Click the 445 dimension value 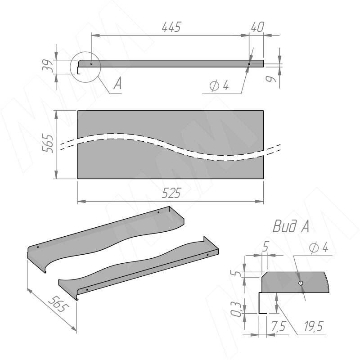click(171, 27)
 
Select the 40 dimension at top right click(257, 27)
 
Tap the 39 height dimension click(49, 66)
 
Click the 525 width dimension click(171, 193)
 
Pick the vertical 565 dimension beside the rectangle click(48, 144)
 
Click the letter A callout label click(117, 83)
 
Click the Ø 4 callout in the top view click(219, 85)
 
